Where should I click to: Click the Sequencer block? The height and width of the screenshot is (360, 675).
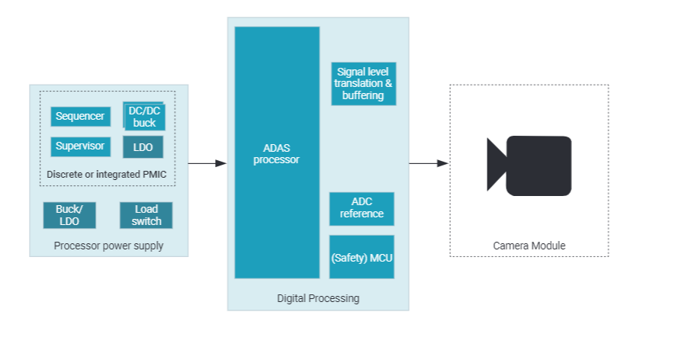(80, 117)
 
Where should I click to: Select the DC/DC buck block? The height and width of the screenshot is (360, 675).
(144, 117)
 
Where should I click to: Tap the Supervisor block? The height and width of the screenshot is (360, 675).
(80, 146)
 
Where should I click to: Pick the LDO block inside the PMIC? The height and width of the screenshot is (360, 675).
(143, 147)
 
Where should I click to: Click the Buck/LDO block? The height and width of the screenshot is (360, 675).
(69, 215)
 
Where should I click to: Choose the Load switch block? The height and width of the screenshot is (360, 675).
(146, 215)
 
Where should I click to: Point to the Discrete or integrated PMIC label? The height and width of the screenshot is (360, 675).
(106, 175)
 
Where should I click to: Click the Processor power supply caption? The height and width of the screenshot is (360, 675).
(108, 246)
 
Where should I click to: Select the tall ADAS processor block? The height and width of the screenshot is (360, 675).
(277, 153)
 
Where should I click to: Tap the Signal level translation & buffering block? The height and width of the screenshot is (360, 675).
(364, 83)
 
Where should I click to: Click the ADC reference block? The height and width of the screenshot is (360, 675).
(362, 208)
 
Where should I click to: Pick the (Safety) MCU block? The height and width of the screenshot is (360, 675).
(362, 258)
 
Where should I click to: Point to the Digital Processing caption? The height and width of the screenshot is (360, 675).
(317, 297)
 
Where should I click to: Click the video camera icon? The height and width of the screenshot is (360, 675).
(529, 165)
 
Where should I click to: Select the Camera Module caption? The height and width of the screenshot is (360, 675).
(529, 246)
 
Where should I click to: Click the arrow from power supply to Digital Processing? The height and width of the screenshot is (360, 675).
(207, 163)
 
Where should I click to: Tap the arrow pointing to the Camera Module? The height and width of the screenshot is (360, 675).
(428, 163)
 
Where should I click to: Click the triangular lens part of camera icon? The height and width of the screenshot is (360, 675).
(497, 165)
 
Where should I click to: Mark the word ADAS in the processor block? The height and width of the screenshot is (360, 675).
(276, 149)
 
